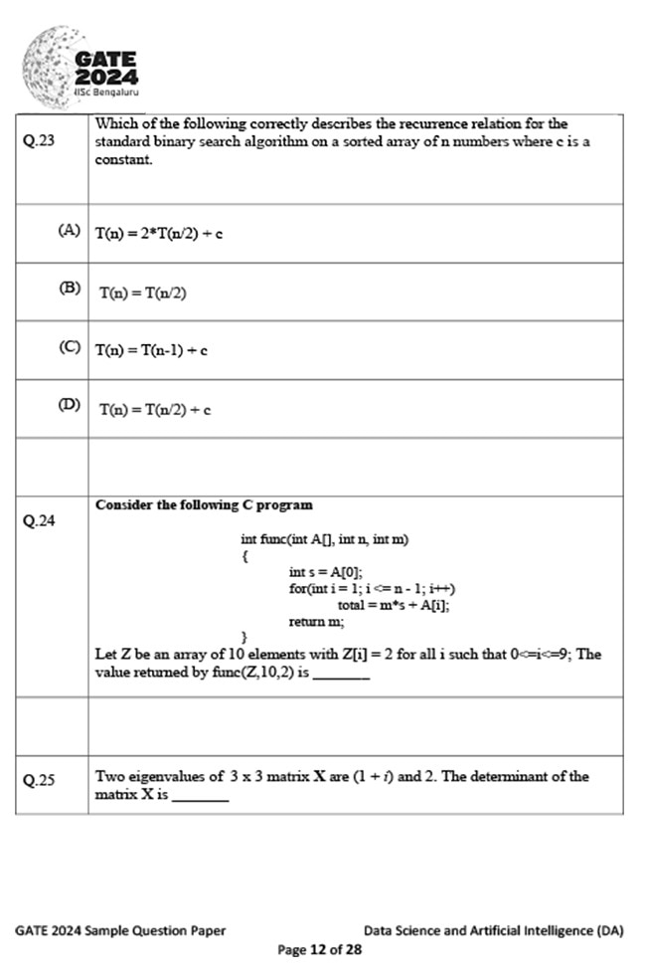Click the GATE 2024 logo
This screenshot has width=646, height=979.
pyautogui.click(x=81, y=63)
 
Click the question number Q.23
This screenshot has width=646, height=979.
pyautogui.click(x=39, y=140)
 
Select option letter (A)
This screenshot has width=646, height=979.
pyautogui.click(x=70, y=231)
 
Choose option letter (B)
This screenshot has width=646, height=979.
pyautogui.click(x=70, y=289)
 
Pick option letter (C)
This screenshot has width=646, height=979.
pyautogui.click(x=70, y=348)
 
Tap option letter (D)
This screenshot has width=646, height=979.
pyautogui.click(x=70, y=406)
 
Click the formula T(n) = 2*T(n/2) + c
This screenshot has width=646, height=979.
pyautogui.click(x=158, y=234)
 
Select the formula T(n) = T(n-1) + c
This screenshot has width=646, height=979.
pyautogui.click(x=151, y=350)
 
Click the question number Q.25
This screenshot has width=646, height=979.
pyautogui.click(x=39, y=780)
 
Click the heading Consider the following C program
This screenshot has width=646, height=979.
pyautogui.click(x=204, y=505)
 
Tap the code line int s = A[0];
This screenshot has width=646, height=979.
pyautogui.click(x=326, y=572)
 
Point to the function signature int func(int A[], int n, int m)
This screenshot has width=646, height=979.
pyautogui.click(x=325, y=539)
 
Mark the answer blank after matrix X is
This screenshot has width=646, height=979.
pyautogui.click(x=200, y=797)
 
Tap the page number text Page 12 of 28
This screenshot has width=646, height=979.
pyautogui.click(x=319, y=949)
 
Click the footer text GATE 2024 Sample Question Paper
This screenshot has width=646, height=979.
pyautogui.click(x=120, y=931)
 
